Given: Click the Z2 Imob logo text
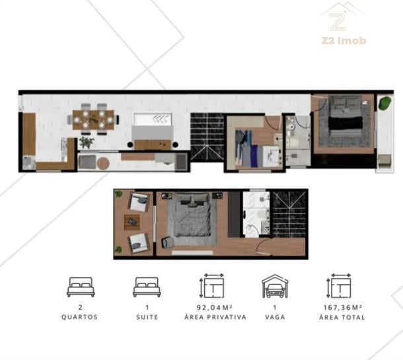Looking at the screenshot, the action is point(344,40).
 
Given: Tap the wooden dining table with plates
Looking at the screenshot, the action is point(93,120).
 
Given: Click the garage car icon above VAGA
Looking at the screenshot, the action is point(275,286).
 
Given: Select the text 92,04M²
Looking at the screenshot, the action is point(215,307).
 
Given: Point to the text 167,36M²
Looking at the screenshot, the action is point(343,307).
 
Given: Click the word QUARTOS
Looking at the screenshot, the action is point(80,317).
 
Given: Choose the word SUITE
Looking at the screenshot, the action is point(147,317).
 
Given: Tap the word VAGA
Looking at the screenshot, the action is point(275,317).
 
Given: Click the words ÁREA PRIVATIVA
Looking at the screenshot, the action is point(215,317).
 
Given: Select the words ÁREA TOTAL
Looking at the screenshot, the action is point(342,317).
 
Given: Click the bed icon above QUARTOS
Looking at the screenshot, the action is point(81,287).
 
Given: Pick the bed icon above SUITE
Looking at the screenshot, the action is point(147,287).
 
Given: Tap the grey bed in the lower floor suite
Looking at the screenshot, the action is point(192,216).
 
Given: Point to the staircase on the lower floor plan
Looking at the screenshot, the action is point(289,215).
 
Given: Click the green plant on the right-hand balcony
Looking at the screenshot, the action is point(385,103).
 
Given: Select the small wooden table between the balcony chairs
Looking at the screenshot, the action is point(132,222).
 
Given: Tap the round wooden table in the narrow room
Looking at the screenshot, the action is point(103,163).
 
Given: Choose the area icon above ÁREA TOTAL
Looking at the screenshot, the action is point(340,286).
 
